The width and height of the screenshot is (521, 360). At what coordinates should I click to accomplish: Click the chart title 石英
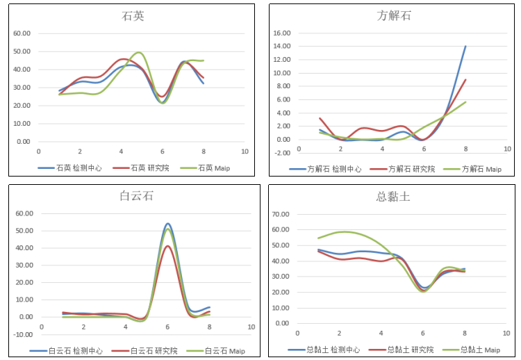coord(133,16)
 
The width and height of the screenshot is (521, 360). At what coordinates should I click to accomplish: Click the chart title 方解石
coord(394,15)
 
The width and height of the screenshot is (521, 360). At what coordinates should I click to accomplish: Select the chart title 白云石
coord(133,196)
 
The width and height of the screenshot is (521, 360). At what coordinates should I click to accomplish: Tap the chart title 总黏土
coord(393,196)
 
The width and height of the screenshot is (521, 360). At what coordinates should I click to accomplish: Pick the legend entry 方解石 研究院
coord(408,168)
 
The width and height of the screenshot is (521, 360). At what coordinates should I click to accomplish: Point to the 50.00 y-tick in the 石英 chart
coord(22,51)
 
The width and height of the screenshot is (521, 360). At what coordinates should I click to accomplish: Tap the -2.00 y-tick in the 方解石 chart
coord(282,153)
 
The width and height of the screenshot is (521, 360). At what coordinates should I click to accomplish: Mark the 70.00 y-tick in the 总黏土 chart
coord(281,215)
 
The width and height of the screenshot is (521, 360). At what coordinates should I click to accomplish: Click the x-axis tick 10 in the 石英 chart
coord(245,152)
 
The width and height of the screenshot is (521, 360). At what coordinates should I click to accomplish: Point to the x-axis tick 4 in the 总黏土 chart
coord(381,334)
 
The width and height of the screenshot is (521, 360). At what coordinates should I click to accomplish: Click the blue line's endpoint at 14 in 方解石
coord(465,47)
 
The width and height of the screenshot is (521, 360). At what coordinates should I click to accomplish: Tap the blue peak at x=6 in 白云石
coord(168,224)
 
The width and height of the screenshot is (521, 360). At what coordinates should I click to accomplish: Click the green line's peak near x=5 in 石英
coord(140,53)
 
